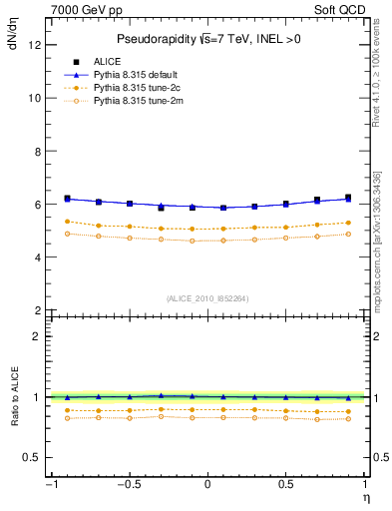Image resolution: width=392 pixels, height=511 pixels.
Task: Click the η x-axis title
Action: [365, 496]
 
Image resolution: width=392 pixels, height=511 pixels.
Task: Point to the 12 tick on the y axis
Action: [34, 45]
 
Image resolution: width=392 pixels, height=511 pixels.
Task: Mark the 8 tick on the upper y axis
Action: [37, 151]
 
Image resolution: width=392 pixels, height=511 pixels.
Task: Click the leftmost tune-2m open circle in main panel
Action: [67, 234]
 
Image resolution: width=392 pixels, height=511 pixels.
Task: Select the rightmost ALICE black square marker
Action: [348, 198]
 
